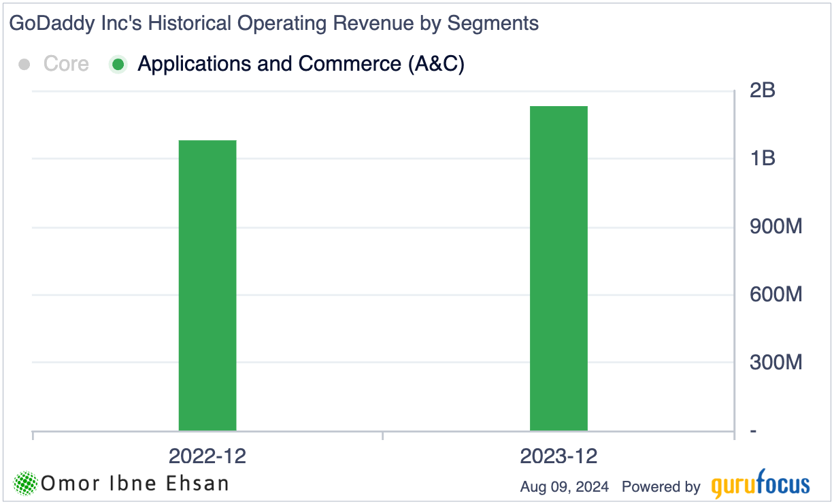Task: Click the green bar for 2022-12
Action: (207, 286)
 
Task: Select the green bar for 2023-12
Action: (558, 269)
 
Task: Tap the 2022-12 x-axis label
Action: (207, 456)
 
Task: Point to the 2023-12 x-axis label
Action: (558, 456)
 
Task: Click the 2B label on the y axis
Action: (762, 90)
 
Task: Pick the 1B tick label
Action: (762, 158)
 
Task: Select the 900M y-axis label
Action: (775, 226)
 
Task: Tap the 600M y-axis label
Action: (775, 295)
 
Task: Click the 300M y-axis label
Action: (775, 363)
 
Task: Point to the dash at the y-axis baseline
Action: (754, 431)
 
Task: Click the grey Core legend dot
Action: (25, 65)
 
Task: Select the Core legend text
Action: (66, 64)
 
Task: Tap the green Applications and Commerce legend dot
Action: (118, 65)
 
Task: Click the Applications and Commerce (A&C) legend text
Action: (301, 64)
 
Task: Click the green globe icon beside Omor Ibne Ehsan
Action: (26, 484)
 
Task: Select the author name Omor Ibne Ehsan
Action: (135, 484)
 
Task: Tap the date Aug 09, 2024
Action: (564, 487)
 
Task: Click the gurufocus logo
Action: (761, 485)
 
